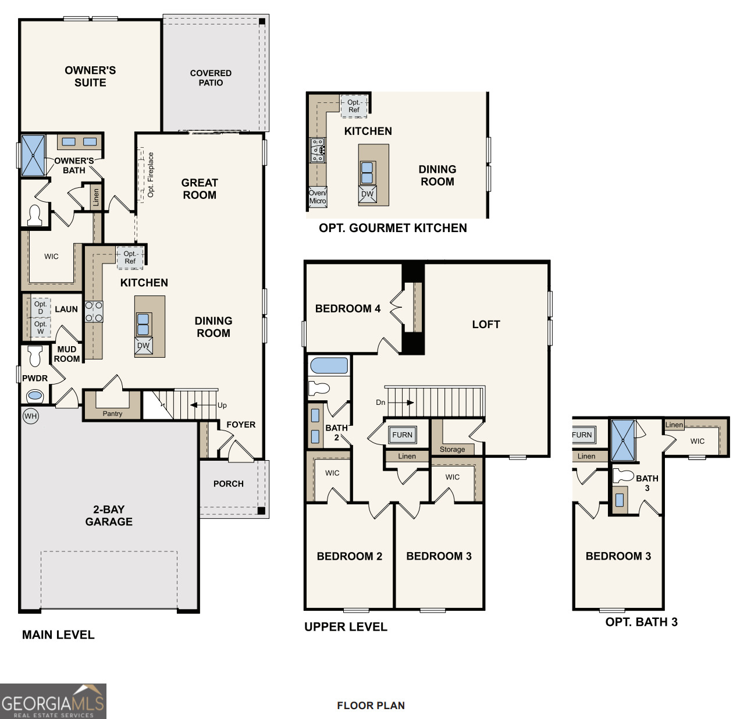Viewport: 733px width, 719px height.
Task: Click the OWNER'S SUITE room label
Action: [x=90, y=76]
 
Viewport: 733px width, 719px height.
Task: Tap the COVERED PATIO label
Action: [x=211, y=78]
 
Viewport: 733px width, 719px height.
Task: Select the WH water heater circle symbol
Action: [x=31, y=416]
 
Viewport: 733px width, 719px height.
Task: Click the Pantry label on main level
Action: [x=112, y=414]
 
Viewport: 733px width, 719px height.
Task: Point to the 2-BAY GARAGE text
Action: [x=109, y=515]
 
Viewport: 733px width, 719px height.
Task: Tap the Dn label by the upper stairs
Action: [x=380, y=402]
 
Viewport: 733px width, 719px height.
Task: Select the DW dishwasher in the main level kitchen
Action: [x=143, y=346]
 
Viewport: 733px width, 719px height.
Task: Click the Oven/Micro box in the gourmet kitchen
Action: [x=318, y=197]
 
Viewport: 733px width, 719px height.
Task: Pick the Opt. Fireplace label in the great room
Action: [x=151, y=175]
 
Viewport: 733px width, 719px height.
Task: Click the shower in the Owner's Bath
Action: [x=33, y=155]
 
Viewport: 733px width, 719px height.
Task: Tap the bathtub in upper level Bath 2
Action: [x=329, y=365]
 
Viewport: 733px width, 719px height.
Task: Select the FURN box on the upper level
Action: [x=402, y=435]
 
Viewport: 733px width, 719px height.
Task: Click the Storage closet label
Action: [x=452, y=449]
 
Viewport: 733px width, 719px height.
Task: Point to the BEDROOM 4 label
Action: [x=347, y=309]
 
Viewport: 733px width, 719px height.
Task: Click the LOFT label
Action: [x=486, y=325]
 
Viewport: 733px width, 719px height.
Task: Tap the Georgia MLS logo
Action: [x=53, y=701]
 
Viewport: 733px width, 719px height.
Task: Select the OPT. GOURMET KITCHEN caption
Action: [x=393, y=228]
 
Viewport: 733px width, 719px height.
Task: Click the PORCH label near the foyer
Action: [x=228, y=483]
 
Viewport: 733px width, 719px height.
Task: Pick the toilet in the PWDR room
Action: [x=35, y=355]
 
